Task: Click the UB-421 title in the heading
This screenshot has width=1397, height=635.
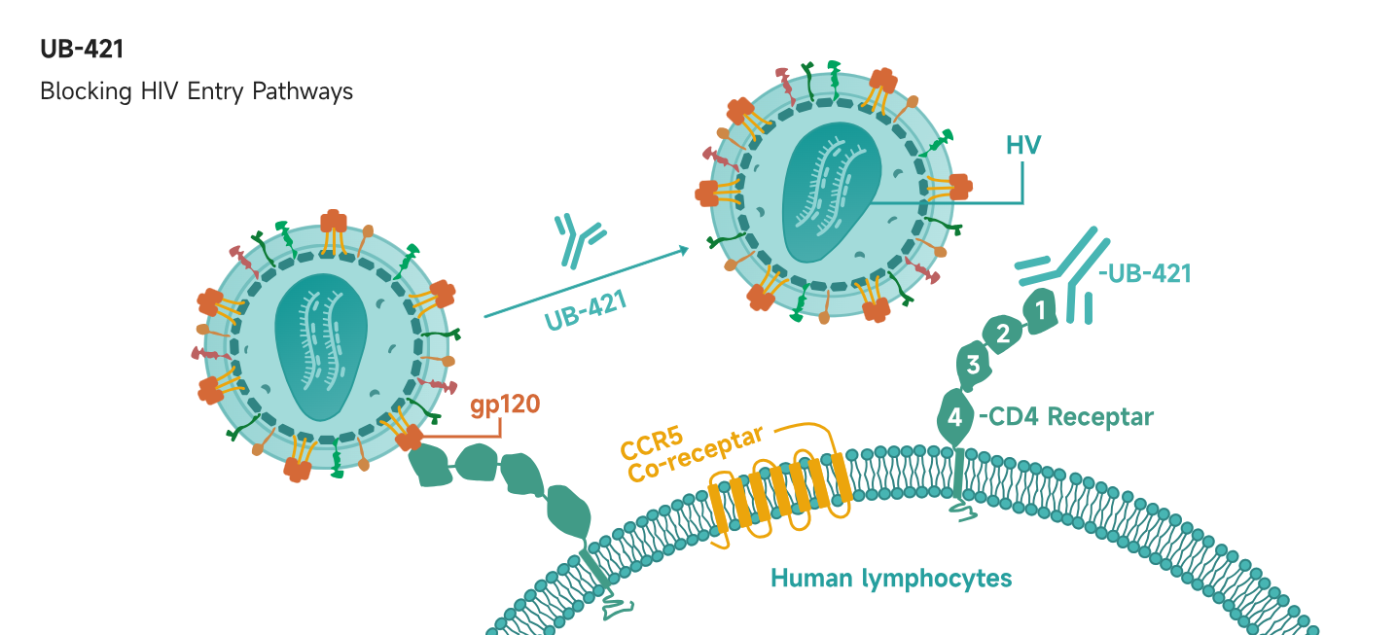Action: pyautogui.click(x=82, y=50)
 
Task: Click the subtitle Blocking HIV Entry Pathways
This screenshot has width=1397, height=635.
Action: pyautogui.click(x=196, y=91)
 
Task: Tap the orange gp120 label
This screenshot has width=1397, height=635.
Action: pyautogui.click(x=505, y=404)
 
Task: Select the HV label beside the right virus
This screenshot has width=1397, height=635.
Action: pyautogui.click(x=1023, y=146)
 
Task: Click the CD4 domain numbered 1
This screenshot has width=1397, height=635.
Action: pyautogui.click(x=1040, y=312)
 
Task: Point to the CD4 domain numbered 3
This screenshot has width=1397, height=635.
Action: pyautogui.click(x=973, y=365)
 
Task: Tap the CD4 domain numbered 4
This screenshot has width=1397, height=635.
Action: pyautogui.click(x=954, y=418)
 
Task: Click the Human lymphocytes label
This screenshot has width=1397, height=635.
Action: pyautogui.click(x=891, y=579)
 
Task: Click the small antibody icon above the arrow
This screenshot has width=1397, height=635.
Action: pyautogui.click(x=577, y=239)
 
